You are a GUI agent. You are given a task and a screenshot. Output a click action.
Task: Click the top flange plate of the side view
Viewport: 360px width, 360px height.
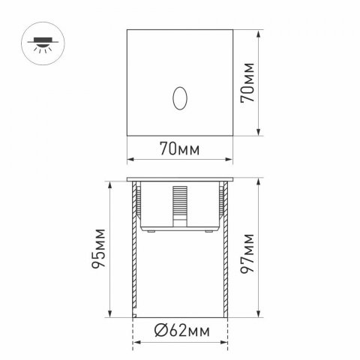[x=180, y=181]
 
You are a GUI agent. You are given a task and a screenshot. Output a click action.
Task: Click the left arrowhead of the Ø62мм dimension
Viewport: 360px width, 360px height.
[x=136, y=343]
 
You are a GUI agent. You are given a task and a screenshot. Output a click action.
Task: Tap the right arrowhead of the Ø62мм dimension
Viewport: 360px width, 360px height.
[x=224, y=343]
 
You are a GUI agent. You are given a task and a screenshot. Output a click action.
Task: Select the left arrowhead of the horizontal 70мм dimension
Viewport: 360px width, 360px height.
[x=128, y=159]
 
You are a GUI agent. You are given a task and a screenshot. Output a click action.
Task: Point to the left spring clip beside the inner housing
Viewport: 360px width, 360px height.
[x=139, y=199]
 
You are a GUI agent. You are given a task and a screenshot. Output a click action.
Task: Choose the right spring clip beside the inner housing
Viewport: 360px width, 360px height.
[x=221, y=199]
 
